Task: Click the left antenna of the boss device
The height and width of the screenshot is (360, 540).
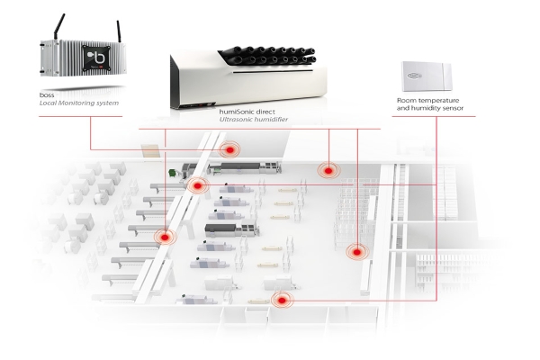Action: tap(58, 27)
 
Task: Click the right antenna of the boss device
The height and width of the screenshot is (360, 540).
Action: tap(119, 31)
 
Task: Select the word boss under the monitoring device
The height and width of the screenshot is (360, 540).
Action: tap(47, 95)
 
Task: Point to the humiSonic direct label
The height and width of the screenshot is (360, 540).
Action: tap(247, 112)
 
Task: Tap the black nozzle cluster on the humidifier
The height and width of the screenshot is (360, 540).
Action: tap(267, 55)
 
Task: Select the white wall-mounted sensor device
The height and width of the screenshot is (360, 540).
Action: tap(427, 76)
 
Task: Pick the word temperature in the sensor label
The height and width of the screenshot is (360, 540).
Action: tap(440, 100)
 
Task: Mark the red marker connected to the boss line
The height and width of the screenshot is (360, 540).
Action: tap(229, 150)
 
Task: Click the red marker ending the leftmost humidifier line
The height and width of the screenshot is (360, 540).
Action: tap(165, 237)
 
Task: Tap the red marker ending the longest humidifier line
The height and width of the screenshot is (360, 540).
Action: tap(357, 252)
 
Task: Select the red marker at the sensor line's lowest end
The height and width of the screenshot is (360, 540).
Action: tap(282, 301)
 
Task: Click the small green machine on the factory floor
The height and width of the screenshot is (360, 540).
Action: tap(172, 173)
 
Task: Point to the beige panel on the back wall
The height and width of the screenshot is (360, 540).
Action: tap(150, 150)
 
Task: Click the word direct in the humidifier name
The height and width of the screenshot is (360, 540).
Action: tap(265, 112)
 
